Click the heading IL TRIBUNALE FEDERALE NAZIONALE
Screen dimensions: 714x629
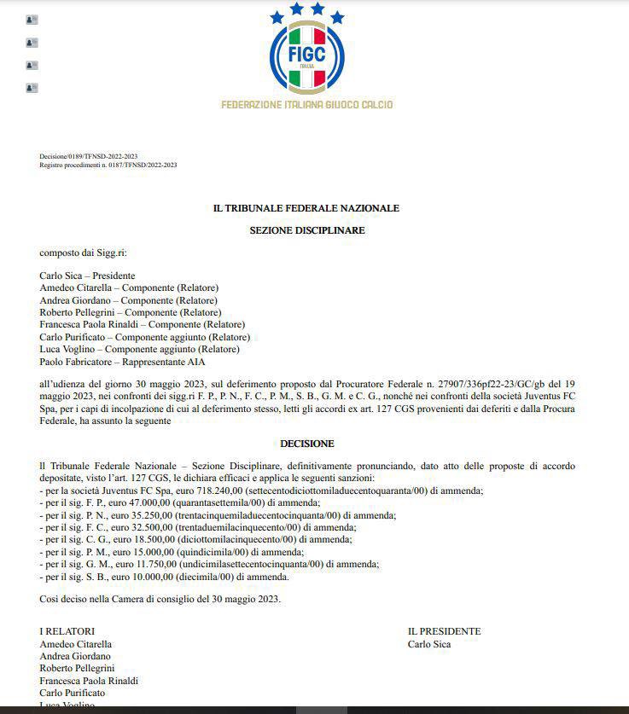[x=306, y=208]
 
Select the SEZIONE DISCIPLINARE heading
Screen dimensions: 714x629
[x=307, y=230]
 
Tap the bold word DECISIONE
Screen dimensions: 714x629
[x=307, y=444]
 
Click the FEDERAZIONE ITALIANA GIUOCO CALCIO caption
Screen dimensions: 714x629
[x=307, y=105]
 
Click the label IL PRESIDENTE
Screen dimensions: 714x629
[x=444, y=631]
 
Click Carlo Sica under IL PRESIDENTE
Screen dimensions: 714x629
[x=429, y=644]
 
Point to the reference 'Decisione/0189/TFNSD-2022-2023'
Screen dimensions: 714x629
[x=89, y=157]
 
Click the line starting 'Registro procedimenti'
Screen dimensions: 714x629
[x=108, y=165]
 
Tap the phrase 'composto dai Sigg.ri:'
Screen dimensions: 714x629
[x=82, y=253]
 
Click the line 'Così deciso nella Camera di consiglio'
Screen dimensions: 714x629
[x=160, y=598]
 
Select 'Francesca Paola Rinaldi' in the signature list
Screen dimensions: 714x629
[x=89, y=681]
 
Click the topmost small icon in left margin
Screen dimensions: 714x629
[x=32, y=20]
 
